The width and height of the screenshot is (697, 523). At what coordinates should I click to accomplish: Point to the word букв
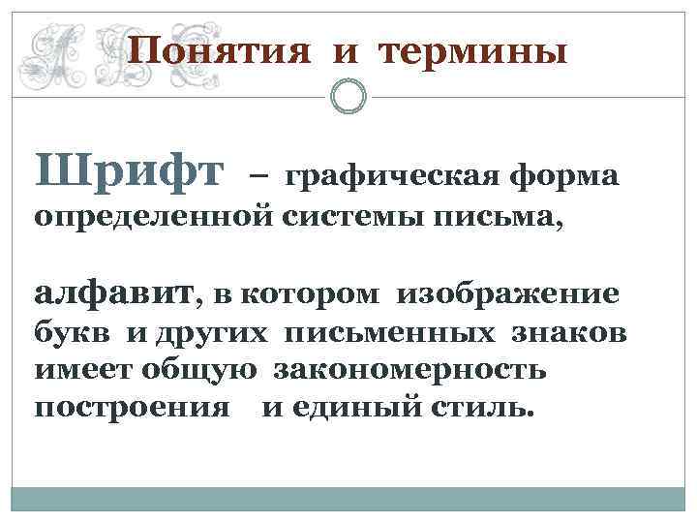[x=72, y=335]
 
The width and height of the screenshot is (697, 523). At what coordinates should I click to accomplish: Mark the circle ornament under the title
[x=348, y=96]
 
